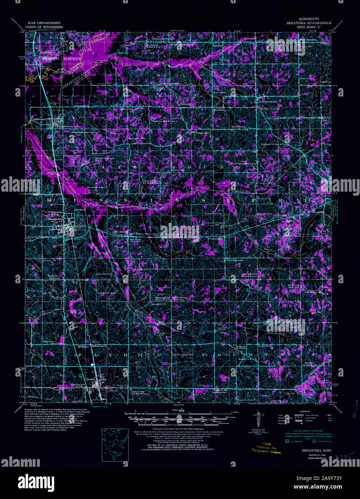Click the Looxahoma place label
pos(235,260)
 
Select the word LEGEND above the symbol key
pos(305,411)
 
